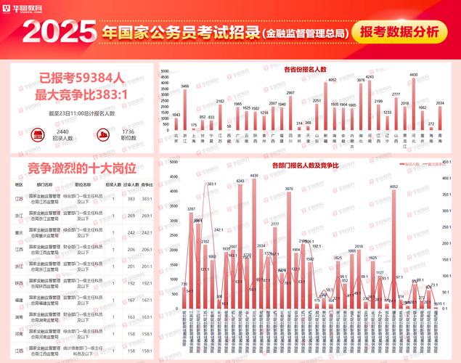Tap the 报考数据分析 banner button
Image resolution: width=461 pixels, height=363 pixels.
click(398, 33)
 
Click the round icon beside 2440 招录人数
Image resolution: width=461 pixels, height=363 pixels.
click(38, 135)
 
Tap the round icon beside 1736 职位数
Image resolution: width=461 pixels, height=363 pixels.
click(104, 135)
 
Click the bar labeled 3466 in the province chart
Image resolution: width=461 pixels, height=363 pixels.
click(185, 109)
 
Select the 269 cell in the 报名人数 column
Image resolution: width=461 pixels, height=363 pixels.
click(131, 216)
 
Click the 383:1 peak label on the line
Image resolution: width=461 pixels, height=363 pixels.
click(211, 184)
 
